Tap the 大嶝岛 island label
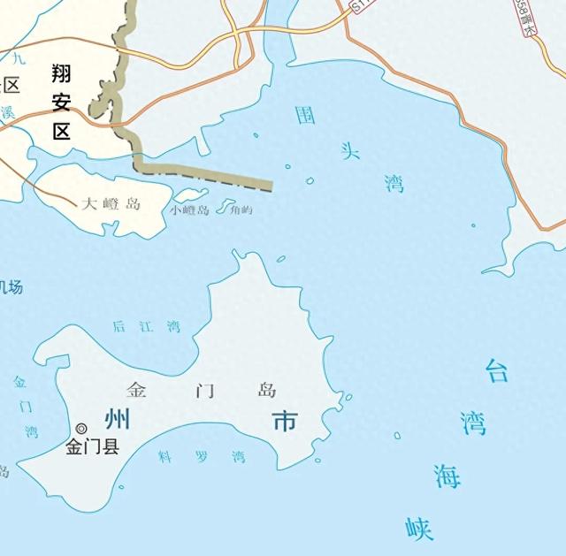(111, 204)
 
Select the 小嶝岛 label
(190, 210)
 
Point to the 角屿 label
(241, 210)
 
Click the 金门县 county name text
(93, 447)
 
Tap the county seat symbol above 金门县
(81, 429)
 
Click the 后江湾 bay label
(146, 327)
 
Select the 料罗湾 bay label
(201, 457)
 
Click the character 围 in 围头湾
(306, 116)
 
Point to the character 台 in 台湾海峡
(497, 370)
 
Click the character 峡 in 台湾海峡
(420, 528)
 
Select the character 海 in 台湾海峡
(447, 476)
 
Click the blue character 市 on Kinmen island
(285, 422)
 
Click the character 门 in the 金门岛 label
(203, 390)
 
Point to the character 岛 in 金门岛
(266, 390)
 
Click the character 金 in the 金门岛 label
(137, 389)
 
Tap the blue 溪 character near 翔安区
(8, 112)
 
